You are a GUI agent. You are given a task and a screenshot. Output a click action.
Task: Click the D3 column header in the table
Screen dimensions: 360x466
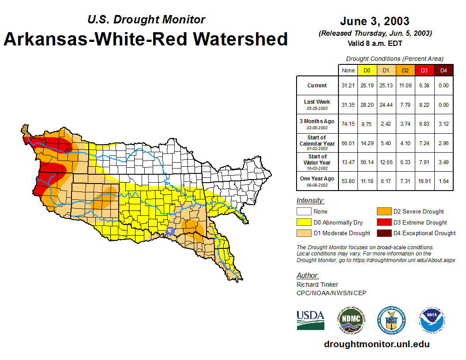point(425,70)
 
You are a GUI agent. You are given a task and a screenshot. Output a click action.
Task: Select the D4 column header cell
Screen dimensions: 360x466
point(443,70)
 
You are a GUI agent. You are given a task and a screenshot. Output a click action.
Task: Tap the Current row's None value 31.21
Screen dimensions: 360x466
point(348,86)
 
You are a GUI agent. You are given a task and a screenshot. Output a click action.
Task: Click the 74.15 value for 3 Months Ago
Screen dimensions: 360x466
point(348,124)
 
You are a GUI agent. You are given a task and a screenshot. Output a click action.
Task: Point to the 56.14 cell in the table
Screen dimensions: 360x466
point(367,162)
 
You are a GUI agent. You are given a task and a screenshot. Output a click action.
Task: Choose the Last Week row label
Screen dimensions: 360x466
point(317,105)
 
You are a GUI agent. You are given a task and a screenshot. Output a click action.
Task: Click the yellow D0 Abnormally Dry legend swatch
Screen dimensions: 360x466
point(304,222)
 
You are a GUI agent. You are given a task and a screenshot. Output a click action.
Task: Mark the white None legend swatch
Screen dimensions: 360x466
point(304,212)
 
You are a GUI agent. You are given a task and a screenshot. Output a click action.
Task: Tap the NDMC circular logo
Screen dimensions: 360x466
point(351,320)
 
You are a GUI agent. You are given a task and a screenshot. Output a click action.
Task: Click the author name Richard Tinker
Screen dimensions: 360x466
point(317,285)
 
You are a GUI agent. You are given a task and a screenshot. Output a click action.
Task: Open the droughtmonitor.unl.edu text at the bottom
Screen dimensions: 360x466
point(376,344)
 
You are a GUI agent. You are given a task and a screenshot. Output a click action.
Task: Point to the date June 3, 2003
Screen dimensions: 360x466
point(375,21)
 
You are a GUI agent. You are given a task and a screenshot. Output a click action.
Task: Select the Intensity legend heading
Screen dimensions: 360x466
point(310,201)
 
